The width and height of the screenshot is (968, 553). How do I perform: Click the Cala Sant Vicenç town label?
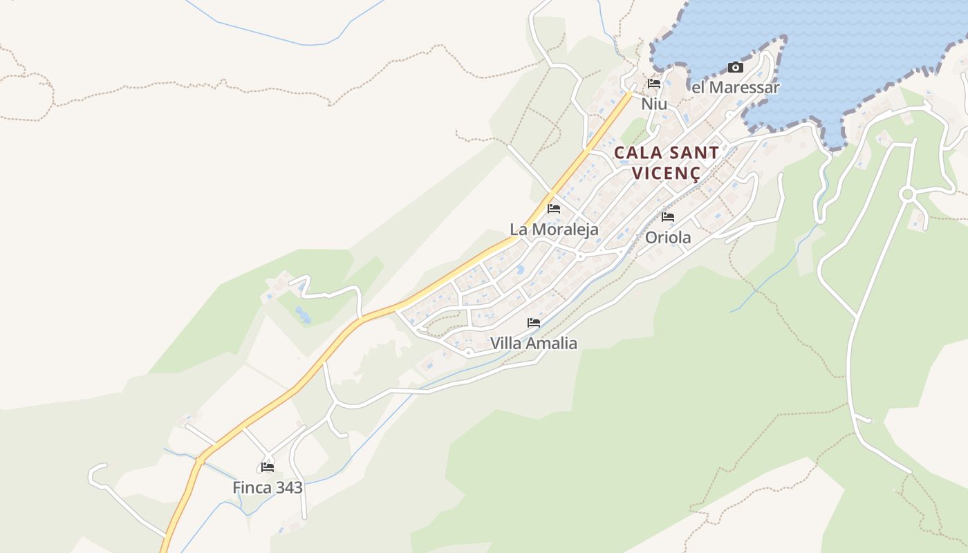[x=667, y=162]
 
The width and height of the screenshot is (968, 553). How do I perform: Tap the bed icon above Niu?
[x=654, y=84]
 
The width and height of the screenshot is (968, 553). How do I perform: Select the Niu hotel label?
[x=654, y=104]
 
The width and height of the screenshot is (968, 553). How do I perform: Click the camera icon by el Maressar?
[x=736, y=68]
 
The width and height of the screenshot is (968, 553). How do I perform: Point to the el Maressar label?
[x=736, y=88]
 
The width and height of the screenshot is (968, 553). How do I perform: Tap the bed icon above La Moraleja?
[x=554, y=209]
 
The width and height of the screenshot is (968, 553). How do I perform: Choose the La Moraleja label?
[x=554, y=229]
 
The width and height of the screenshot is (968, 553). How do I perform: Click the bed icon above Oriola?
[x=668, y=217]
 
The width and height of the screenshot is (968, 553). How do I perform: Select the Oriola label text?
[x=668, y=238]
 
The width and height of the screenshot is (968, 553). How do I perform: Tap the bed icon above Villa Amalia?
[x=534, y=323]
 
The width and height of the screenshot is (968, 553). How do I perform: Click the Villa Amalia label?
[x=534, y=343]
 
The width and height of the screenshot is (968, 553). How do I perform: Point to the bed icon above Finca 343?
[x=268, y=467]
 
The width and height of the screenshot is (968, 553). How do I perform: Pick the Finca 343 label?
[x=268, y=488]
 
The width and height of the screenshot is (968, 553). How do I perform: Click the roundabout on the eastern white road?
[x=907, y=195]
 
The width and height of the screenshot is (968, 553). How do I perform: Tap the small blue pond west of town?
[x=302, y=315]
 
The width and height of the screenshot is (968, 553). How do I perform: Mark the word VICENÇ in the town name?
[x=667, y=173]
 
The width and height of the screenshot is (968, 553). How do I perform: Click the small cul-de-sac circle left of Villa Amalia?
[x=468, y=353]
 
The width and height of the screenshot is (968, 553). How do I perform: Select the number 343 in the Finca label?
[x=289, y=488]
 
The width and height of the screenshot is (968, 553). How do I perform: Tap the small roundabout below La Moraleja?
[x=581, y=256]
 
